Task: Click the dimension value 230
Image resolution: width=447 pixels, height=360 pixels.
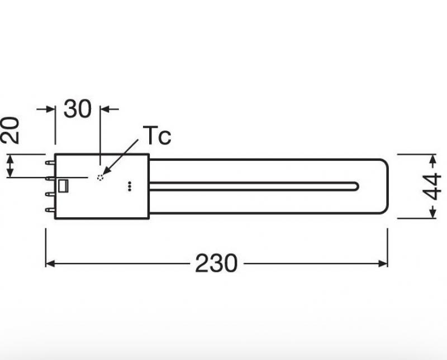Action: pyautogui.click(x=216, y=263)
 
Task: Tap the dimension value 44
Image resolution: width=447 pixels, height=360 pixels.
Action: pyautogui.click(x=432, y=186)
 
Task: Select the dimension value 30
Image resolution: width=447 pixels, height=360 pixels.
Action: pyautogui.click(x=78, y=108)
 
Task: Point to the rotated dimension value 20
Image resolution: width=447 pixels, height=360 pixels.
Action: pyautogui.click(x=10, y=130)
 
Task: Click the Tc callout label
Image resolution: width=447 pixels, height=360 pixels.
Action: pyautogui.click(x=157, y=136)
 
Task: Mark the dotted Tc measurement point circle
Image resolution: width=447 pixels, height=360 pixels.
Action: pyautogui.click(x=100, y=177)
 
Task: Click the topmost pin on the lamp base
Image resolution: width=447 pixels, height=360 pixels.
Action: pyautogui.click(x=50, y=162)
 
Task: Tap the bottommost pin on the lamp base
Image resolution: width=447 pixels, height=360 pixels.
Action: pyautogui.click(x=50, y=210)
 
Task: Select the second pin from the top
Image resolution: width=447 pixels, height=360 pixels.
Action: pyautogui.click(x=50, y=179)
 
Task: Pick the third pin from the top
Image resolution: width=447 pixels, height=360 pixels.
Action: pyautogui.click(x=50, y=194)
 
